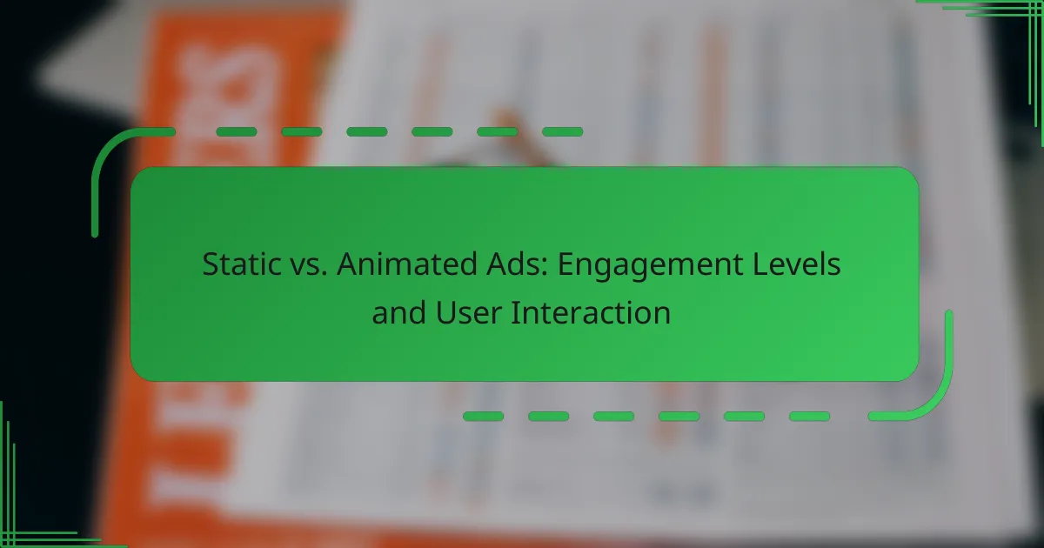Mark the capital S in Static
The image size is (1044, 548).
[211, 264]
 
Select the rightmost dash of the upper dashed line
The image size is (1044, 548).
[562, 132]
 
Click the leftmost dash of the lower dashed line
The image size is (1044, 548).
[483, 417]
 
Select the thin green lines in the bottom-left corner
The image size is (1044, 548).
[26, 513]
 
